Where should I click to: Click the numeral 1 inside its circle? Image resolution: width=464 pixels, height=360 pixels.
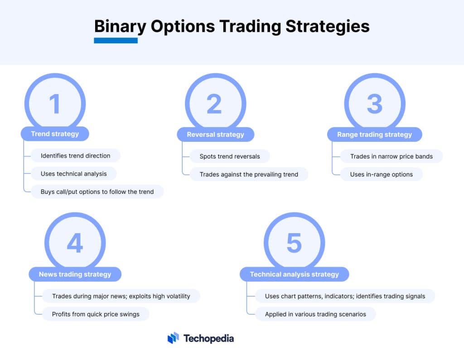pos(55,104)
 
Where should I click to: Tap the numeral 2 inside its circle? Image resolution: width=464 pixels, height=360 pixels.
pos(214,104)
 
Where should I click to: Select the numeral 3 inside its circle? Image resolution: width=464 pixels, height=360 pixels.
pos(374,104)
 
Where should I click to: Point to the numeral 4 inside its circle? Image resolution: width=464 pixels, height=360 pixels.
pos(75,243)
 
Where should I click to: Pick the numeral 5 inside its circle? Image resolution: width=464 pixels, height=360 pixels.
pos(294,243)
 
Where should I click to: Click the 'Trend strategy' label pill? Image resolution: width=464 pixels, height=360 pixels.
pos(55,134)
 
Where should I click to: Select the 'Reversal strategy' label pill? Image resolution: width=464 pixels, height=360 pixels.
pos(215,134)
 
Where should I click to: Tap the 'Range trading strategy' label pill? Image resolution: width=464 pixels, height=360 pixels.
pos(374,134)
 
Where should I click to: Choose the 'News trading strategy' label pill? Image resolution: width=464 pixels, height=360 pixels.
pos(75,274)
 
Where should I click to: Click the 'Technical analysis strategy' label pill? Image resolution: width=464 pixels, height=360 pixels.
pos(294,274)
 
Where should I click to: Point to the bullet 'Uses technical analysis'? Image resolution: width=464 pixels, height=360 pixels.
pos(73,173)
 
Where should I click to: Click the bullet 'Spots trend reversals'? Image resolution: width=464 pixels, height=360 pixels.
pos(230,156)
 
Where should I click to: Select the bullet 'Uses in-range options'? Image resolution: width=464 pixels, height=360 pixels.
pos(381,174)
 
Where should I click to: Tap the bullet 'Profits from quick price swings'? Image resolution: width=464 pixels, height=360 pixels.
pos(96,314)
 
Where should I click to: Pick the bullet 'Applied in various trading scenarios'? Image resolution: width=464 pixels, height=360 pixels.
pos(315,314)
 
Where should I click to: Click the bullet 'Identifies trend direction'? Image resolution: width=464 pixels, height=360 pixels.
pos(75,156)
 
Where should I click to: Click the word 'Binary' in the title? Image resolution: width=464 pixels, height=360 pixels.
pos(120,26)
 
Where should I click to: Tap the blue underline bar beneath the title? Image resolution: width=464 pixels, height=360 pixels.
pos(116,41)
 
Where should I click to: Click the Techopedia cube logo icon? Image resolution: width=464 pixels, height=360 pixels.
pos(173,338)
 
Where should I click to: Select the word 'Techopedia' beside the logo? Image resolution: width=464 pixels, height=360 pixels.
pos(208,338)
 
